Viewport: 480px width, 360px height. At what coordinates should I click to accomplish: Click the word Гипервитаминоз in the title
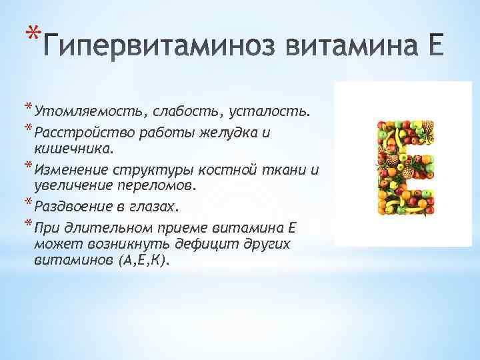[x=157, y=46]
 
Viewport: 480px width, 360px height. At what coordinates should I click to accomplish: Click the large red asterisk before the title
[x=33, y=33]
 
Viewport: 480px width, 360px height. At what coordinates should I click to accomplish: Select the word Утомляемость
[x=88, y=112]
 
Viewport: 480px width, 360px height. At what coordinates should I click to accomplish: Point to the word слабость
[x=185, y=112]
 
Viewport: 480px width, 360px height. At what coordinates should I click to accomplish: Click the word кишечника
[x=71, y=149]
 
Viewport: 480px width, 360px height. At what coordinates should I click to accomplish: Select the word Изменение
[x=71, y=170]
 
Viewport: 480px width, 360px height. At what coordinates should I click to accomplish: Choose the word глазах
[x=152, y=207]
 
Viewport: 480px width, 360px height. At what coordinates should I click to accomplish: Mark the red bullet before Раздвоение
[x=28, y=202]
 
